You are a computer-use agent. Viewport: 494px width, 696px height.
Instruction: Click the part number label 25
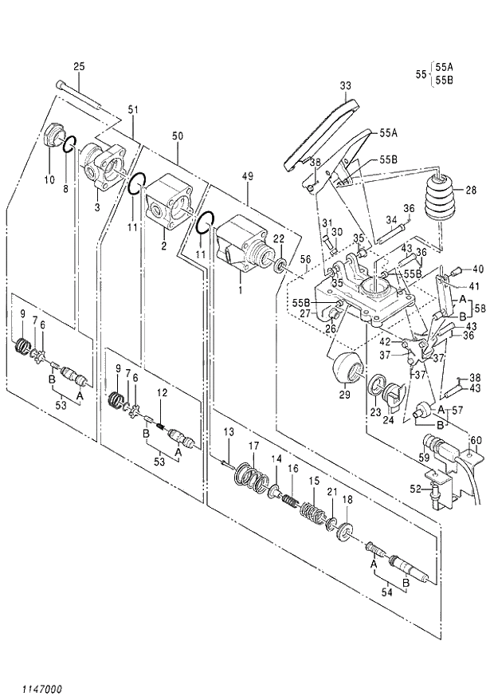coord(79,65)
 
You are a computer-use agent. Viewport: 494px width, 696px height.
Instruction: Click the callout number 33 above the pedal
coord(344,85)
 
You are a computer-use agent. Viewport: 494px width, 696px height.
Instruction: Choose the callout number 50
coord(177,136)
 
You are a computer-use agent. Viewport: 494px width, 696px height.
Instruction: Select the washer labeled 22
coord(281,262)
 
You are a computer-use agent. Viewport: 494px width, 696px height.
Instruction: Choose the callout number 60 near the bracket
coord(477,440)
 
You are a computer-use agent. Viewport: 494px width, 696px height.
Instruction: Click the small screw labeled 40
coord(460,269)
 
